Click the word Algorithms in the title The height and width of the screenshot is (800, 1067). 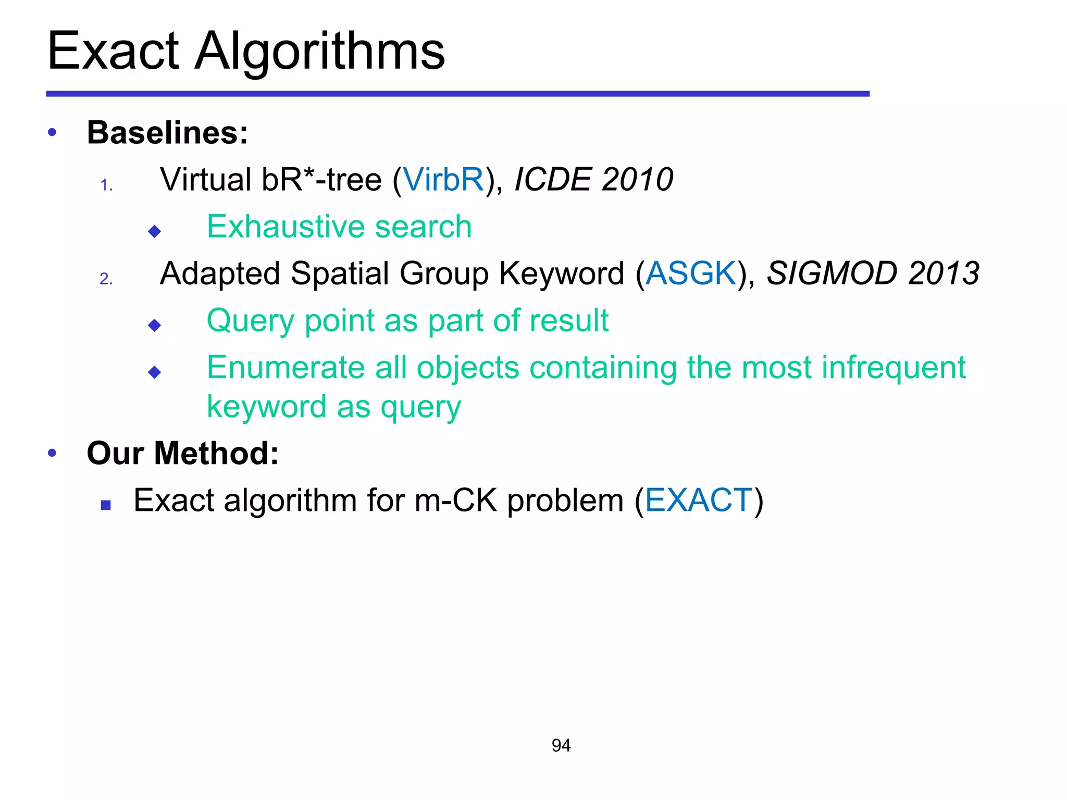320,51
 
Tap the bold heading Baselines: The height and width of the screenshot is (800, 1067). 167,132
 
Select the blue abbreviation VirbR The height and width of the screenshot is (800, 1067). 444,180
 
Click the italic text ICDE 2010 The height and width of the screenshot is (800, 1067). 593,180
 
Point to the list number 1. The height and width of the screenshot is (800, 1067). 106,185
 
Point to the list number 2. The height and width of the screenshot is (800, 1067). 106,279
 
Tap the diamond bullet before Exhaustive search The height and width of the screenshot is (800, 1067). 155,231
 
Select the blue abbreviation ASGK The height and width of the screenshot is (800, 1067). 691,273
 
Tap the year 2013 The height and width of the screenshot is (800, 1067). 944,273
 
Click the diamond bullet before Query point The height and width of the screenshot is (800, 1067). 155,326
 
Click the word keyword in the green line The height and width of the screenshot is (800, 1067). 266,407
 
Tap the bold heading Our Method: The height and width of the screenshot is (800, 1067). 182,453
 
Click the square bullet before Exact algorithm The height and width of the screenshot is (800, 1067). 106,505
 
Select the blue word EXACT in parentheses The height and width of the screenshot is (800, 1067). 699,501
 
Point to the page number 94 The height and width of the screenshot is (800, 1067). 561,745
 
